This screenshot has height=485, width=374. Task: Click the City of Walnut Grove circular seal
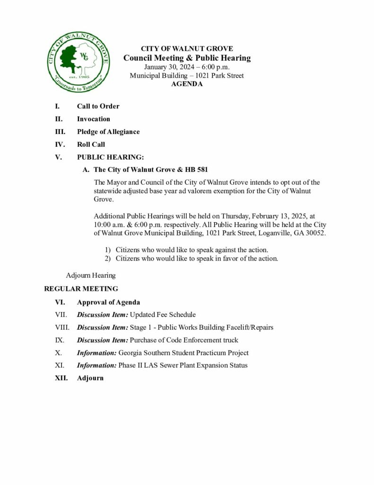tap(78, 63)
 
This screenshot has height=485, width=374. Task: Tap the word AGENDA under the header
tap(187, 84)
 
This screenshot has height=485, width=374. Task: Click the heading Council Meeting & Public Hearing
tap(187, 58)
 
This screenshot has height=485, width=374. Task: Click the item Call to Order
tap(98, 106)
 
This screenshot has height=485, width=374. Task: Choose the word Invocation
tap(94, 119)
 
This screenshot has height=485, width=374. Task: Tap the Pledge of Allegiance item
tap(108, 132)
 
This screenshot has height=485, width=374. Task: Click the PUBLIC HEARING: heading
tap(110, 157)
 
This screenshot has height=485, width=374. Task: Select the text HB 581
tap(198, 170)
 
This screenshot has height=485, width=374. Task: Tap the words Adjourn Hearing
tap(91, 275)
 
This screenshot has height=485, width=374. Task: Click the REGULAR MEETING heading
tap(81, 288)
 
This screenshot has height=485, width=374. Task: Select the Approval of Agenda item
tap(108, 302)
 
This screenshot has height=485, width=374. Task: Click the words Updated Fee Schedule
tap(163, 314)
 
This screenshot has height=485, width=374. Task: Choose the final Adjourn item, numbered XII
tap(90, 378)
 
